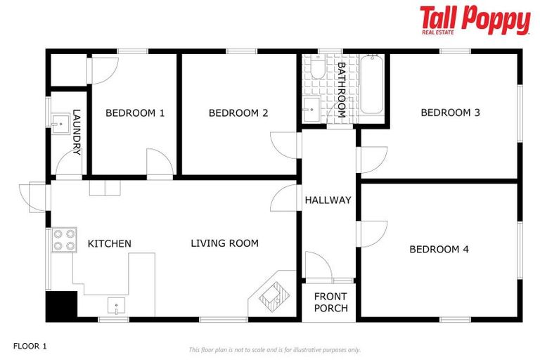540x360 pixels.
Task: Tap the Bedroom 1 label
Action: tap(135, 112)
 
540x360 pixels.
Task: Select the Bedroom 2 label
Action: tap(238, 112)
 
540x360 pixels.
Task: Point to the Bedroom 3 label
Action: tap(450, 112)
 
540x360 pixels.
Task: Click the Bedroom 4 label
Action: tap(439, 249)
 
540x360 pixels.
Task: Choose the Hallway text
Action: tap(328, 200)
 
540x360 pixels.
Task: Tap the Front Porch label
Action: tap(330, 302)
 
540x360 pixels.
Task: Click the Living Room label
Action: tap(224, 243)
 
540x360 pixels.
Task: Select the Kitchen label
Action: tap(109, 243)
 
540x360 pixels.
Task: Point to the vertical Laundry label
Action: tap(77, 132)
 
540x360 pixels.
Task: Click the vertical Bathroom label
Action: tap(341, 90)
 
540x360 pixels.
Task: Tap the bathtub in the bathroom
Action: tap(371, 86)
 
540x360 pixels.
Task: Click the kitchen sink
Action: tap(114, 305)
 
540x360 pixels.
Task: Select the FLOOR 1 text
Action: tap(30, 346)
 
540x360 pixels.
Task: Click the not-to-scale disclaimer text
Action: tap(274, 349)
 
